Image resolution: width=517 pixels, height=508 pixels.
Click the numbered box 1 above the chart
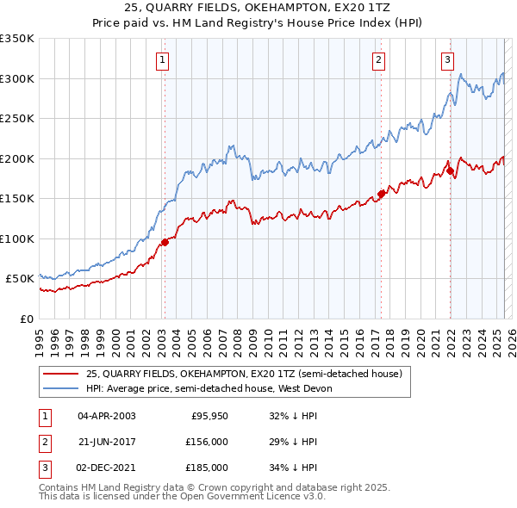click(x=163, y=59)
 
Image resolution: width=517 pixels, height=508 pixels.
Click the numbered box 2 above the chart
click(x=379, y=59)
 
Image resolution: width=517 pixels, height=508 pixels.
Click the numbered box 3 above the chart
click(x=448, y=59)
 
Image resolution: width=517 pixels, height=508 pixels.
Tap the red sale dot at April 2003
click(x=165, y=242)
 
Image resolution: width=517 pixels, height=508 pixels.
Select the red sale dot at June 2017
click(x=381, y=194)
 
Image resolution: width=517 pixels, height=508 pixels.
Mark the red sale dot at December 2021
click(x=450, y=171)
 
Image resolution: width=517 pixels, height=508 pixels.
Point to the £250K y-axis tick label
click(x=16, y=119)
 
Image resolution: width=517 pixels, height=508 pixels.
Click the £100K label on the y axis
click(x=16, y=239)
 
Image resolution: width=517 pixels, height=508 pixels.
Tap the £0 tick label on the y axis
click(x=24, y=319)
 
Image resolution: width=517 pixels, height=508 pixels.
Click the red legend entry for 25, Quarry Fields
click(x=243, y=374)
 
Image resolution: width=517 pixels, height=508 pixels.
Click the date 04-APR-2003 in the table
click(x=107, y=416)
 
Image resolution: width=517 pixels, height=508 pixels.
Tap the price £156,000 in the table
click(x=208, y=442)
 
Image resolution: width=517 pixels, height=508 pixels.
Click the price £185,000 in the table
click(x=208, y=468)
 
